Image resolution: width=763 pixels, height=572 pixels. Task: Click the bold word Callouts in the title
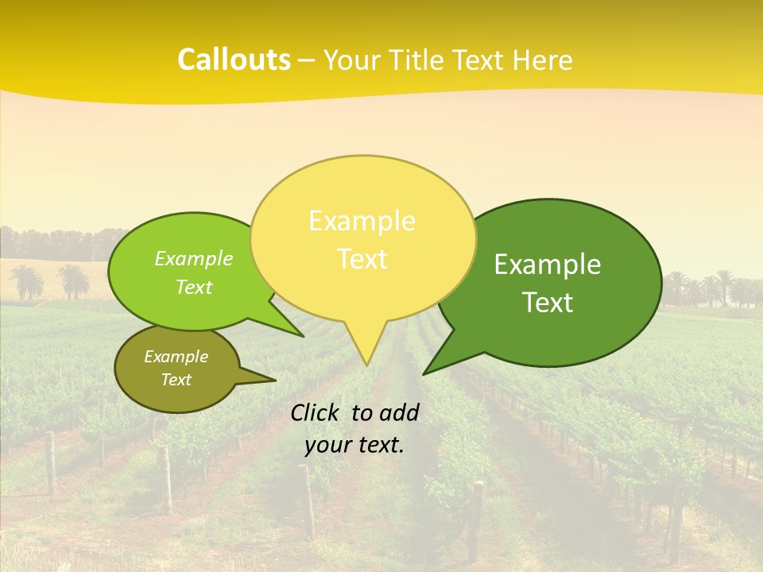[x=234, y=60]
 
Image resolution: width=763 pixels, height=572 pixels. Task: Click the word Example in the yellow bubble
[x=362, y=221]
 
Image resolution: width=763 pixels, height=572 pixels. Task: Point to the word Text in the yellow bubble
[x=362, y=259]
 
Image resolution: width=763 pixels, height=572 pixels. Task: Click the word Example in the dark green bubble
[x=548, y=265]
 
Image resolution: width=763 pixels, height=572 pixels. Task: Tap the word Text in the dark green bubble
[x=548, y=303]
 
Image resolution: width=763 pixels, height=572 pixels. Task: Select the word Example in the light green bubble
[x=193, y=259]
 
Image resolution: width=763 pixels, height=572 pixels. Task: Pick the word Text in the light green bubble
[x=193, y=288]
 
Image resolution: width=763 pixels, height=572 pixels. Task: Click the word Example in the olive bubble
[x=176, y=357]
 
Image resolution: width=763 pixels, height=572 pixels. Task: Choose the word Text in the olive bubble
[x=176, y=380]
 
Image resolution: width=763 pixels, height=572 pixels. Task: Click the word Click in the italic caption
[x=316, y=412]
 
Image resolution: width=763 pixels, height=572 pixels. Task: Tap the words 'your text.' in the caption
[x=354, y=445]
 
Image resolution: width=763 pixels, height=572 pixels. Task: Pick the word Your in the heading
[x=348, y=60]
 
